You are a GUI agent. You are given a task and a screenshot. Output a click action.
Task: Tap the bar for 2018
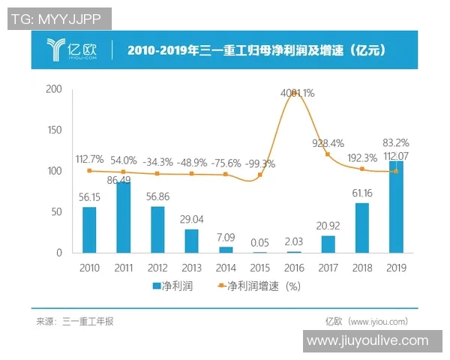point(361,227)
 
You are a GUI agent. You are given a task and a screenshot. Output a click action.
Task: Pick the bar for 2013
point(191,241)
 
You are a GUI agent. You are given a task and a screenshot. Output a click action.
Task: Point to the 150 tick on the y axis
point(54,130)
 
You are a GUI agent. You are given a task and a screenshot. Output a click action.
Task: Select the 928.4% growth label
point(328,142)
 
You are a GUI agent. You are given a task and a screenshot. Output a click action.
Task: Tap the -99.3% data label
point(259,163)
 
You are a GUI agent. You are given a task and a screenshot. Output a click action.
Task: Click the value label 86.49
point(123,181)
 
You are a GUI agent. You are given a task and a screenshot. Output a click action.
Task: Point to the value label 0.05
point(259,241)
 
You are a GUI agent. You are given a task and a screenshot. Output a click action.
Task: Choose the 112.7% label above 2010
point(89,159)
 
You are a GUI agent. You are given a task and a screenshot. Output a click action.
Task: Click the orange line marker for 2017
point(328,154)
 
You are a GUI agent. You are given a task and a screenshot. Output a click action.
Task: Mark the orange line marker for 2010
point(89,171)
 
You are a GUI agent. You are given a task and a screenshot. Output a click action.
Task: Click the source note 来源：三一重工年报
point(75,321)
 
